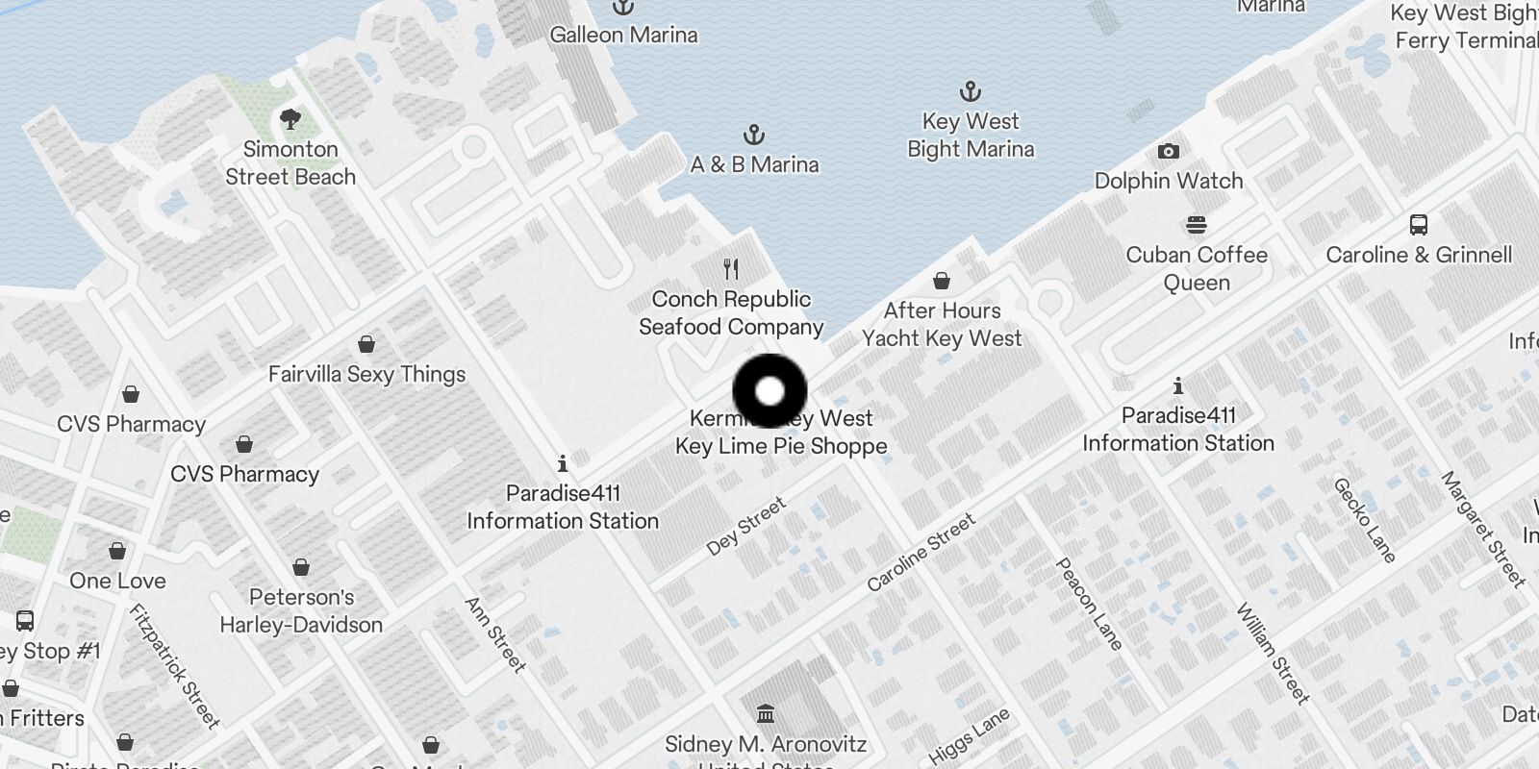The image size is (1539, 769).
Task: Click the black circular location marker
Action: tap(769, 391)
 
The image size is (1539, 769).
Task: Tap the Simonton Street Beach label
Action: tap(290, 163)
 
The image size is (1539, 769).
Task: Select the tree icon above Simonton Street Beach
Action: tap(290, 120)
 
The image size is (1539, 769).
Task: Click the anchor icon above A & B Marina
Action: tap(754, 135)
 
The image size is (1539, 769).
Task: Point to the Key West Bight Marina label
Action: tap(971, 136)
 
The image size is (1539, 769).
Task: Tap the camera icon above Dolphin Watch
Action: tap(1169, 152)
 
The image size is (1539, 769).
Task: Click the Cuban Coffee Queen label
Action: tap(1197, 268)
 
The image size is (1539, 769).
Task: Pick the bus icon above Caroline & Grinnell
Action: tap(1419, 225)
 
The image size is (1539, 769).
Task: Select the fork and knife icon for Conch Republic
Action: tap(731, 269)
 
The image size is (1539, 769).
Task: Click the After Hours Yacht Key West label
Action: tap(942, 324)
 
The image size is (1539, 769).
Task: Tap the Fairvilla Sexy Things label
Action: tap(366, 374)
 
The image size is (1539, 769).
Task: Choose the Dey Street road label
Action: tap(746, 526)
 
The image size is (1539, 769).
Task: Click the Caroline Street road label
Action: tap(921, 552)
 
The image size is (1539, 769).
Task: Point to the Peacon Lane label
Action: tap(1089, 604)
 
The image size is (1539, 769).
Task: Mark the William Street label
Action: tap(1272, 653)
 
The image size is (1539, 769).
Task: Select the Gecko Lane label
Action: tap(1364, 520)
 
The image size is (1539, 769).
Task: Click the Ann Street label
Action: tap(495, 634)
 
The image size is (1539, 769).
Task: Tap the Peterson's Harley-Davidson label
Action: tap(301, 610)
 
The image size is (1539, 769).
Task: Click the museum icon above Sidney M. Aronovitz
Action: tap(766, 714)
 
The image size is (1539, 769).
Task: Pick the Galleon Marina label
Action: tap(623, 35)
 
